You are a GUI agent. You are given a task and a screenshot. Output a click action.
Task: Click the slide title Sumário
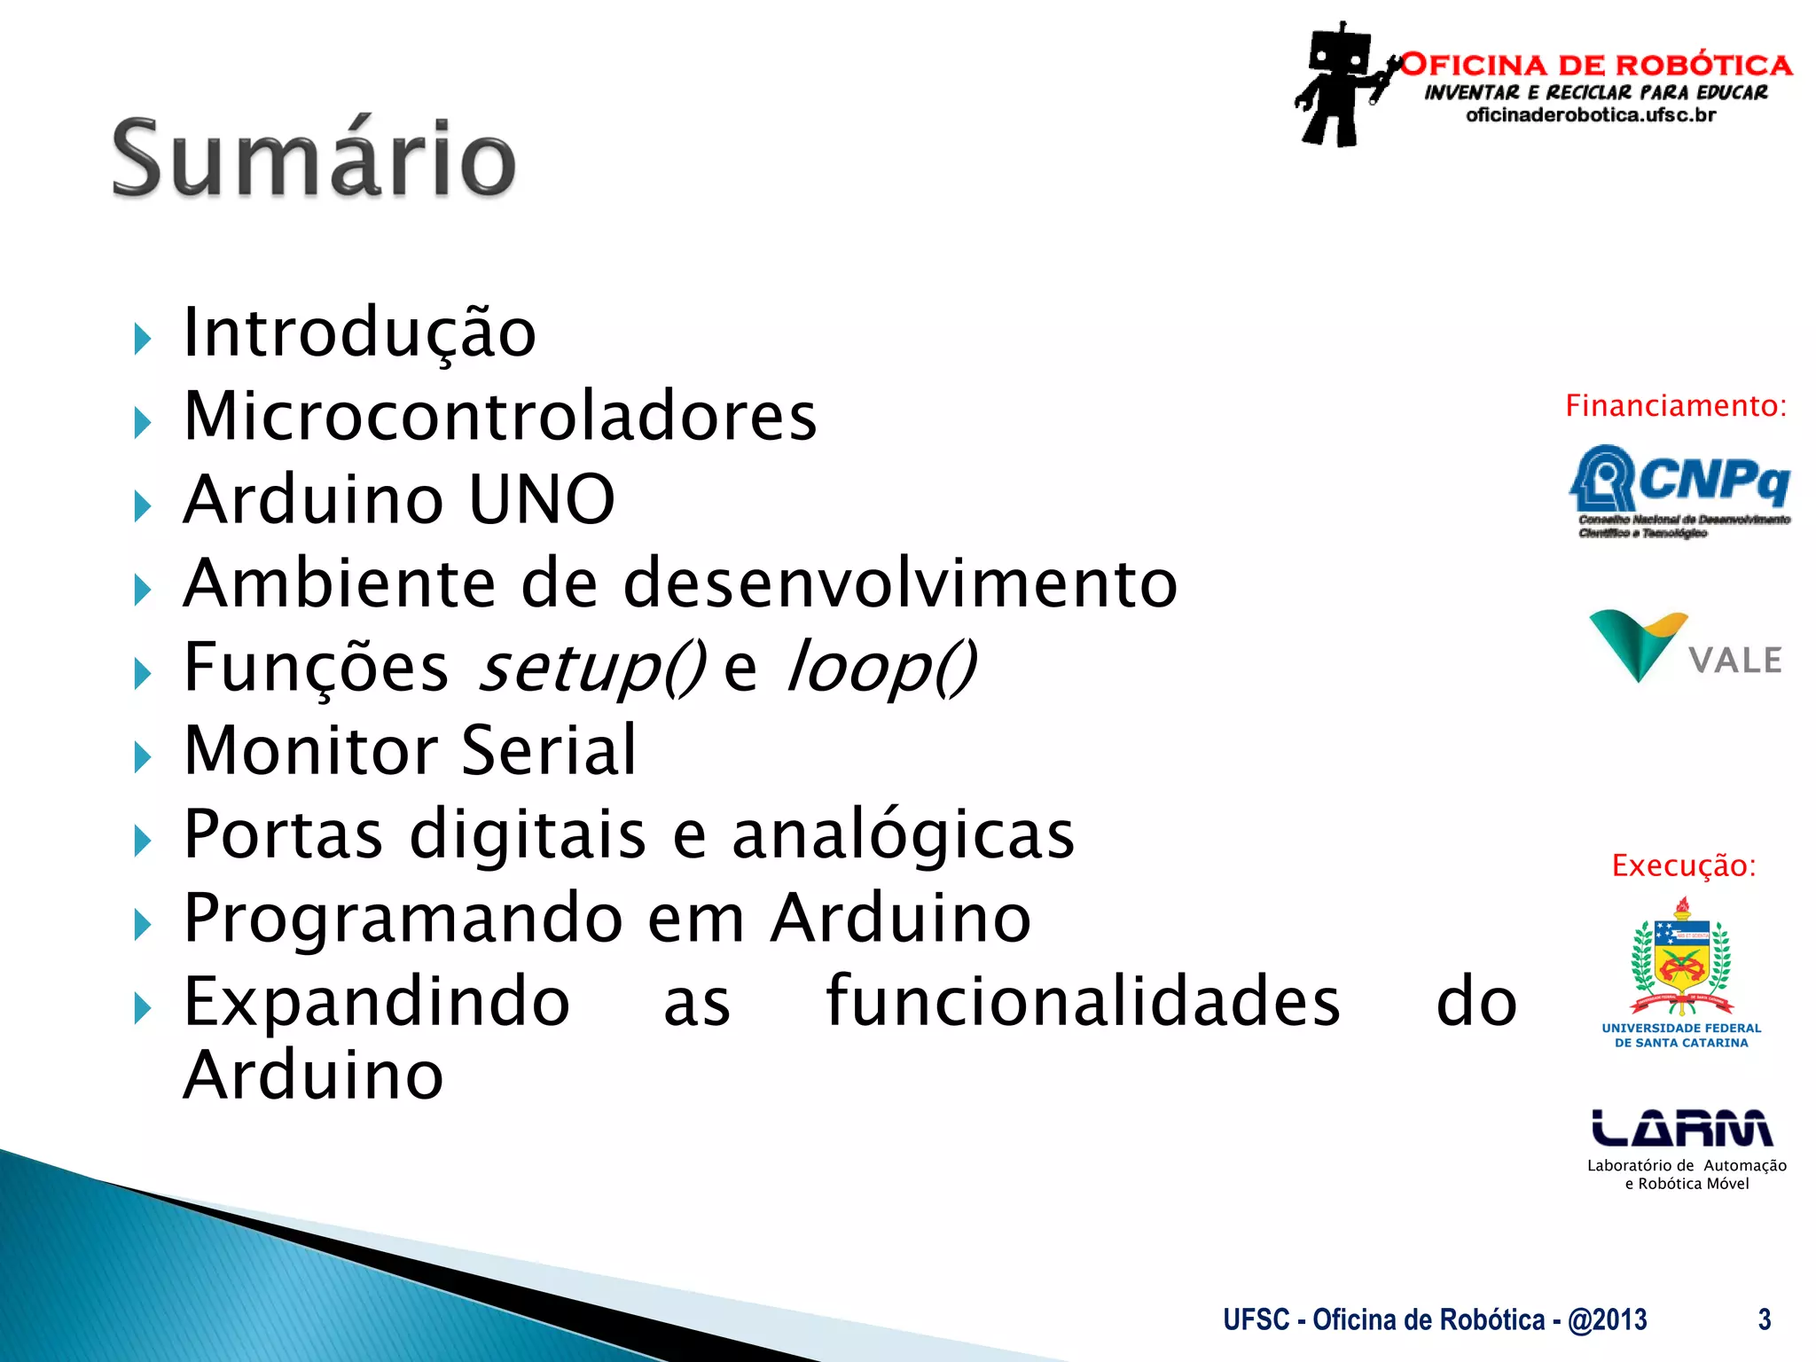coord(314,160)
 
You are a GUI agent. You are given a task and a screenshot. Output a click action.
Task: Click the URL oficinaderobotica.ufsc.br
coord(1591,115)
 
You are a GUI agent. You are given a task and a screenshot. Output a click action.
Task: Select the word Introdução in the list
coord(360,333)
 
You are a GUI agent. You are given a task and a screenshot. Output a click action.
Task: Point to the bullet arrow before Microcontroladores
coord(143,423)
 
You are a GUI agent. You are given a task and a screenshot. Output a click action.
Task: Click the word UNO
coord(541,499)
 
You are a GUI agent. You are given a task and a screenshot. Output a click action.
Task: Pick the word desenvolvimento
coord(900,583)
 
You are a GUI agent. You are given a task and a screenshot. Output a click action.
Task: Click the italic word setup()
coord(591,668)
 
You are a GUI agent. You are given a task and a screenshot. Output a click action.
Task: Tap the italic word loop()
coord(881,668)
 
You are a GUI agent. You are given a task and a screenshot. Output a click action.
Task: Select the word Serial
coord(549,751)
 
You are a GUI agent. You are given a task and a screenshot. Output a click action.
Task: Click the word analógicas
coord(903,835)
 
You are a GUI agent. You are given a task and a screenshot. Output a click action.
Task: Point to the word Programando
coord(403,919)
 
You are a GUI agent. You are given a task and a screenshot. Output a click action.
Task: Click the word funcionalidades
coord(1083,1002)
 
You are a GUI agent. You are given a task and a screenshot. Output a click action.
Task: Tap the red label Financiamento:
coord(1675,406)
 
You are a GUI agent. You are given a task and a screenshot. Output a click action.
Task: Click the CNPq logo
coord(1679,489)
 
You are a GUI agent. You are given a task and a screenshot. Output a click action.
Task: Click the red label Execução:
coord(1683,865)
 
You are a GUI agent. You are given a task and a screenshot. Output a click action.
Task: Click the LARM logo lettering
coord(1682,1128)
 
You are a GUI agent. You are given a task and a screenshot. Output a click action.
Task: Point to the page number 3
coord(1765,1319)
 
